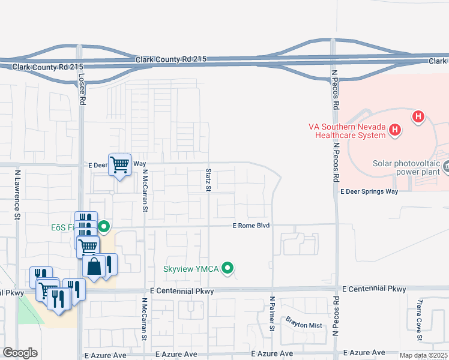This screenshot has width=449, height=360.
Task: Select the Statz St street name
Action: pyautogui.click(x=209, y=181)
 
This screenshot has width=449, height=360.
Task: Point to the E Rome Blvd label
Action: pyautogui.click(x=252, y=226)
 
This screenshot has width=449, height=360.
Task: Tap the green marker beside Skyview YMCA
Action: pyautogui.click(x=228, y=268)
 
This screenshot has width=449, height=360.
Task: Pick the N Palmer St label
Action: pyautogui.click(x=272, y=313)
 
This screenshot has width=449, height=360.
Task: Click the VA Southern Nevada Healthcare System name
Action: pyautogui.click(x=347, y=131)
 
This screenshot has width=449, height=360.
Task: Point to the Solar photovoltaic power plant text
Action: pyautogui.click(x=407, y=167)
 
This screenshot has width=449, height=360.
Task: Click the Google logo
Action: pyautogui.click(x=20, y=352)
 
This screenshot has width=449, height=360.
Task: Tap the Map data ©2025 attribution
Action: pyautogui.click(x=423, y=355)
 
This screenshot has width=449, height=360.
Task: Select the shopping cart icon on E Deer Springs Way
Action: pyautogui.click(x=120, y=164)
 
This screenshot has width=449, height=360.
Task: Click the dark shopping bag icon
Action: pyautogui.click(x=94, y=266)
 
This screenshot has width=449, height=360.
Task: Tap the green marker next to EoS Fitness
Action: pyautogui.click(x=104, y=227)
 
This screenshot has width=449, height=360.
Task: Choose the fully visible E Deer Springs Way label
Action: pyautogui.click(x=369, y=191)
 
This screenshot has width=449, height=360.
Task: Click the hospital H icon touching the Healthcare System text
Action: pyautogui.click(x=394, y=128)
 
